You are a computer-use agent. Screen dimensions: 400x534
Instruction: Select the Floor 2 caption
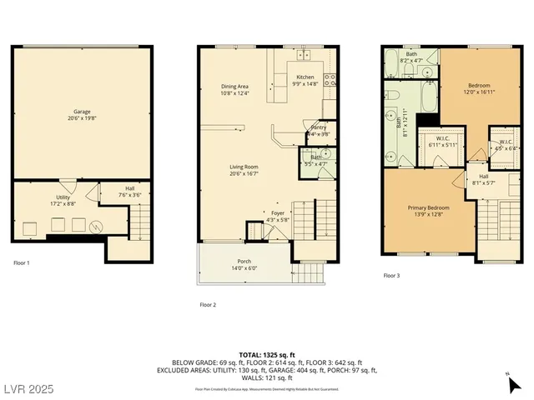(x=208, y=305)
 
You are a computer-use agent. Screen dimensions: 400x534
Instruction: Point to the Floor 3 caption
(x=391, y=275)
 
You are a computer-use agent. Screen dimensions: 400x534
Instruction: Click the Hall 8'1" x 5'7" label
(x=484, y=179)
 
